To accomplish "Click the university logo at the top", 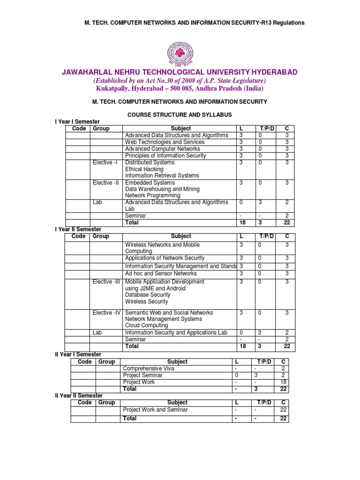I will (180, 52).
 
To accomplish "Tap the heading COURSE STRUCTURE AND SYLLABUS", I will (180, 114).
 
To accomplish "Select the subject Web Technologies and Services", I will (165, 142).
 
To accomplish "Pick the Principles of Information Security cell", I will (165, 156).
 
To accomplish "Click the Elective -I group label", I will (105, 163).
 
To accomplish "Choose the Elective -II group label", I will (105, 183).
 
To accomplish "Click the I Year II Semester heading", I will (78, 229).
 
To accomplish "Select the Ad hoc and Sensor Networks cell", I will (161, 273).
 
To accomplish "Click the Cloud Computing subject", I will (146, 325).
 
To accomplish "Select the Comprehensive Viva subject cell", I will (149, 368).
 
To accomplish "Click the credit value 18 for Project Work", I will (283, 382).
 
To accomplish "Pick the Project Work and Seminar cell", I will (155, 410).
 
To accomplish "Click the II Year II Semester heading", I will (79, 396).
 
